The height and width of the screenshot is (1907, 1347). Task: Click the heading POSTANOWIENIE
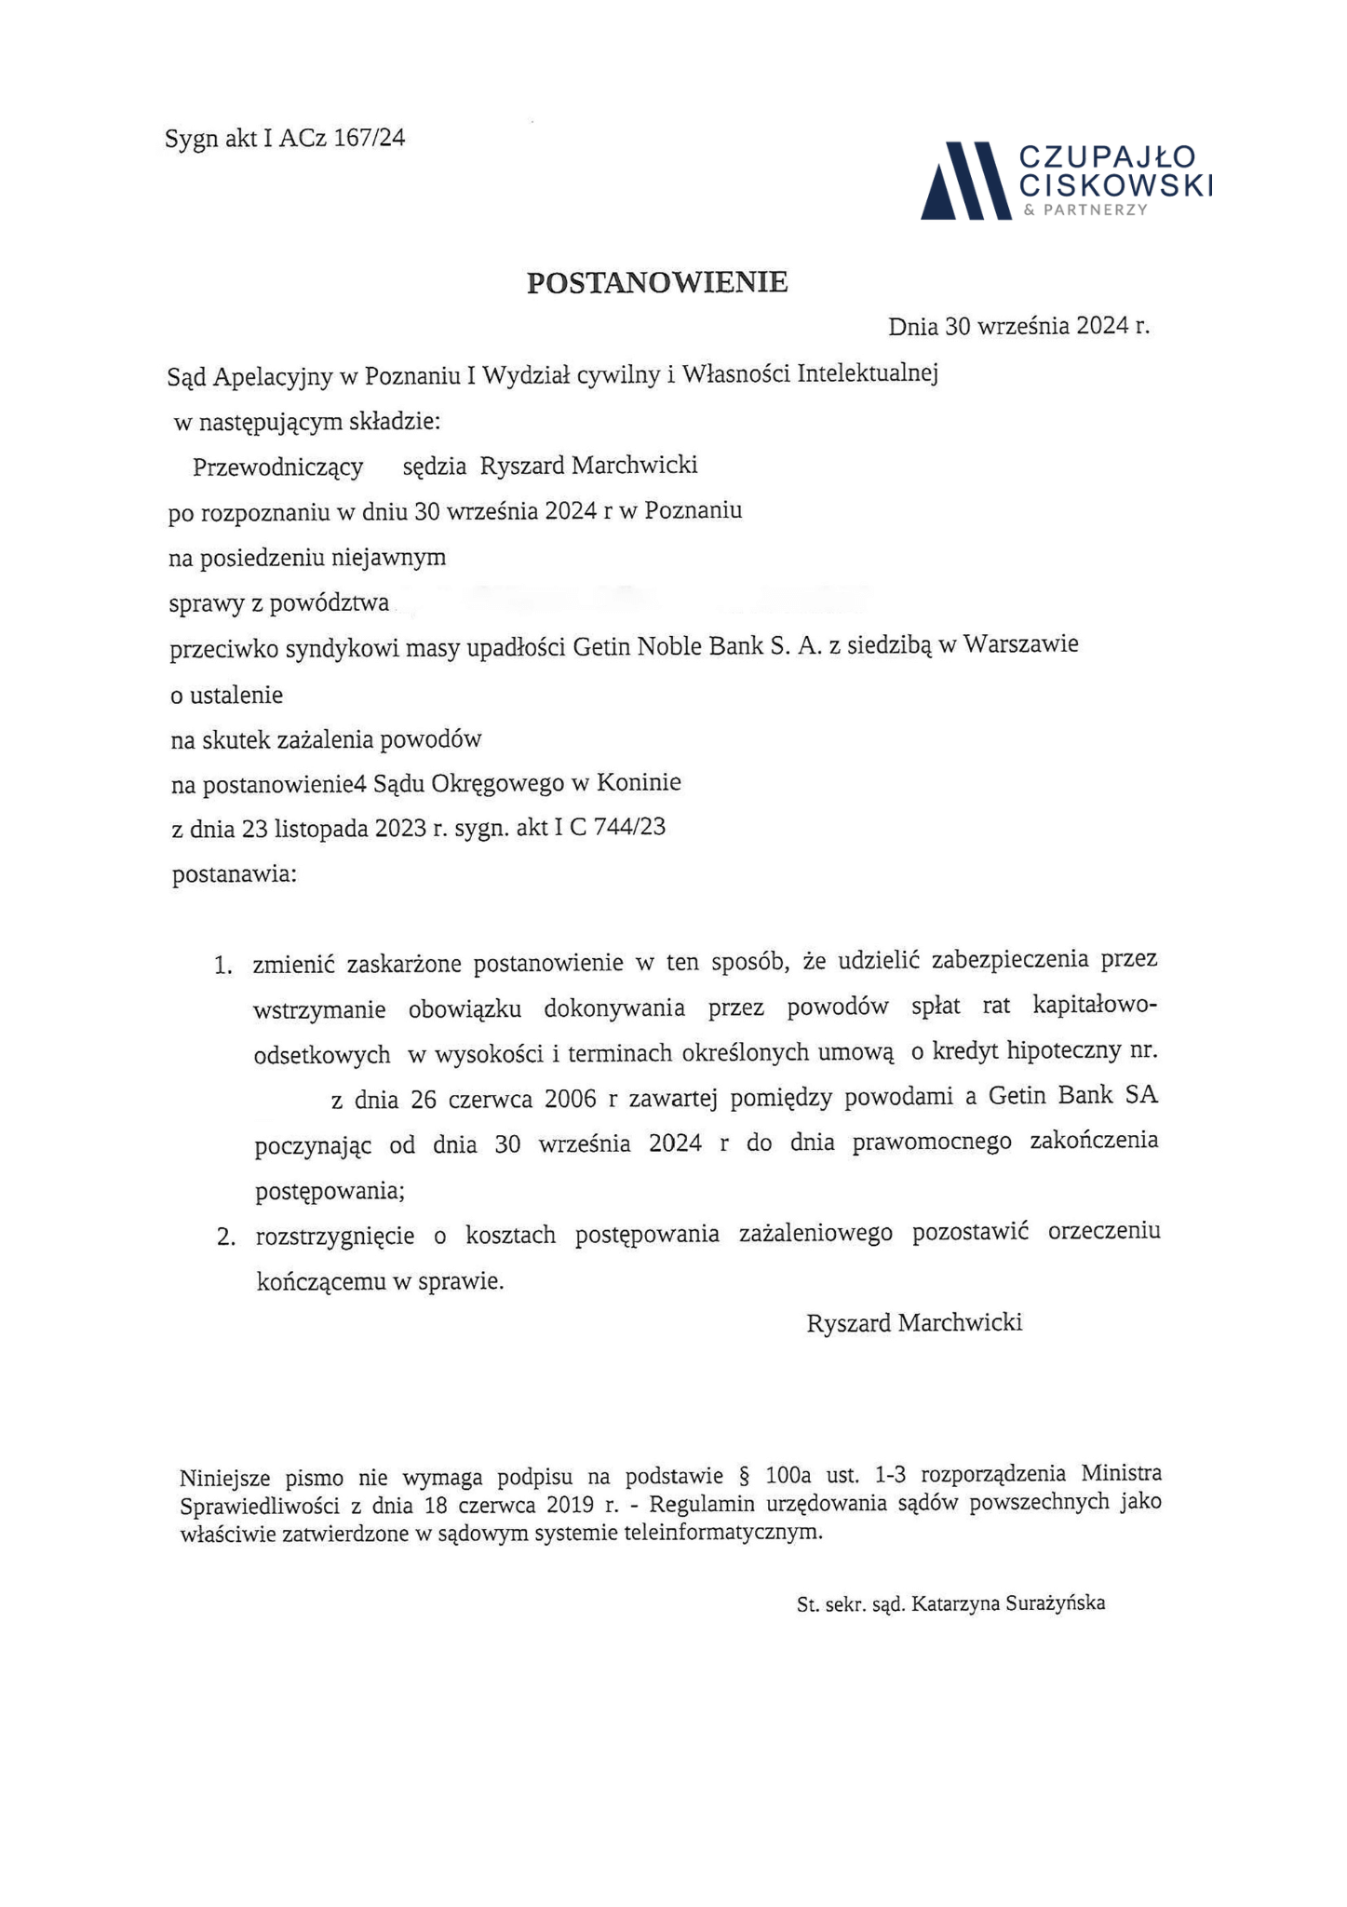[657, 282]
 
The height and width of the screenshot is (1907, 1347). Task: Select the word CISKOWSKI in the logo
[1116, 185]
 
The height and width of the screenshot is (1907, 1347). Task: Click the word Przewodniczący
[277, 467]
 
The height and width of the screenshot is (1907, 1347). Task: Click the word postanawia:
[235, 875]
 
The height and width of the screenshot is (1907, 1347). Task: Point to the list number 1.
[222, 966]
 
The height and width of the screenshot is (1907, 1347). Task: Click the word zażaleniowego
[815, 1234]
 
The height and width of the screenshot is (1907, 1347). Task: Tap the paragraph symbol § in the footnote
[743, 1475]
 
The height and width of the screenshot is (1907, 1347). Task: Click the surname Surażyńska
[1056, 1603]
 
